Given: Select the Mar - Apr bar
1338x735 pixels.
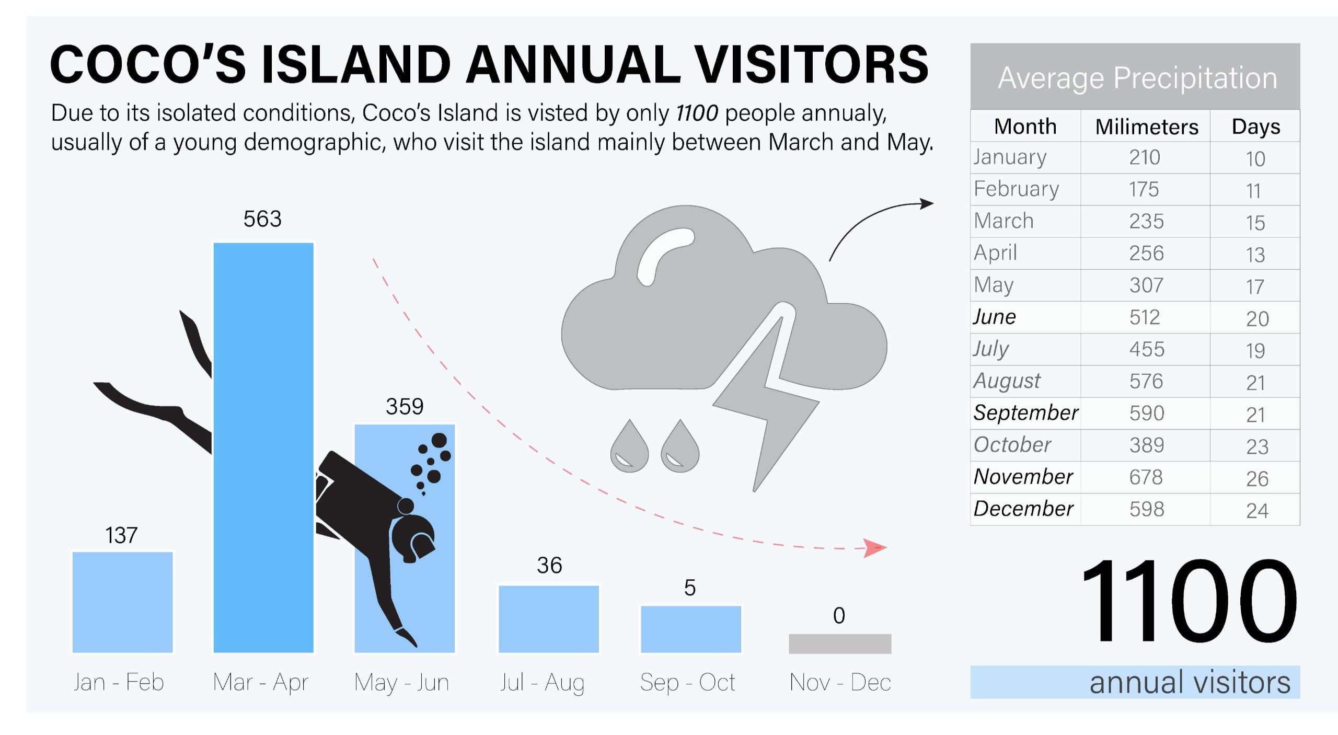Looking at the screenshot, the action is pos(263,447).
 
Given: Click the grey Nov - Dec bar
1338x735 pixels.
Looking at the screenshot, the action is pos(840,644).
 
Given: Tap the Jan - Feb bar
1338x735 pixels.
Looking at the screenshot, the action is pos(123,602).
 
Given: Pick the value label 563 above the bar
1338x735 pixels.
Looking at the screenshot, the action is pos(262,219).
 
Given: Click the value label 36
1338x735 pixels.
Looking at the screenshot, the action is pos(549,565).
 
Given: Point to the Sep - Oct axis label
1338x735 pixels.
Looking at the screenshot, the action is pos(688,682).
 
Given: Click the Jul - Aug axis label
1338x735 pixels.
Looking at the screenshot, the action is pos(542,683).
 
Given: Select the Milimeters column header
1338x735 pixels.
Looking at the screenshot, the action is pos(1147,127).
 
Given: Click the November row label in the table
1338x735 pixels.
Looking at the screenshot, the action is pos(1023,477).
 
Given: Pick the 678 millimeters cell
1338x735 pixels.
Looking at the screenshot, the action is pos(1146,477).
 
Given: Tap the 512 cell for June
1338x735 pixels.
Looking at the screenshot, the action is pos(1145,317).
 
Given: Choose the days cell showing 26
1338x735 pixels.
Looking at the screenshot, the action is pos(1257,479).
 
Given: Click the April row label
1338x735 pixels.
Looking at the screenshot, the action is pos(995,253).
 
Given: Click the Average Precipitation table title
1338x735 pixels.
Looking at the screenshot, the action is pos(1137,78).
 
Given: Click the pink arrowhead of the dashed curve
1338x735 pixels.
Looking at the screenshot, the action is pos(874,548).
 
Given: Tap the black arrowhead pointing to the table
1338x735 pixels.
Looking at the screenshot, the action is pos(927,203).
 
